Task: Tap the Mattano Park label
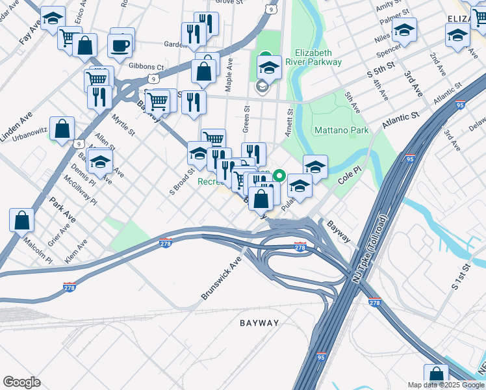point(341,130)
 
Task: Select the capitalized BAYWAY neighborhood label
point(259,323)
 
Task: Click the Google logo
point(22,382)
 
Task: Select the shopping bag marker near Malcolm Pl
point(22,221)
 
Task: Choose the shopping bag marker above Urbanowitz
point(62,129)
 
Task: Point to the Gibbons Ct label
point(146,66)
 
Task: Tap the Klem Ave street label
point(76,252)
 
